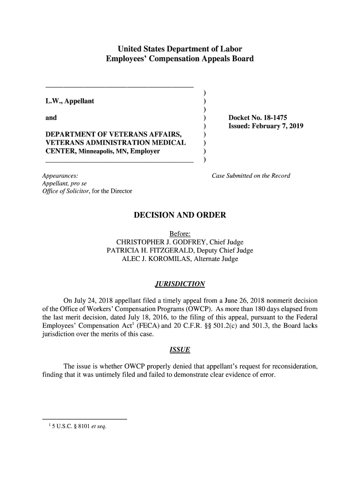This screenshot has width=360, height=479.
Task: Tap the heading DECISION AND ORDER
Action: [180, 215]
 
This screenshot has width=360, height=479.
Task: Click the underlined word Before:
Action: [180, 234]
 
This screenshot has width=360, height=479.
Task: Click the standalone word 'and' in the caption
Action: [51, 118]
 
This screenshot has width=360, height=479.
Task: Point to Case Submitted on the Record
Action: [251, 176]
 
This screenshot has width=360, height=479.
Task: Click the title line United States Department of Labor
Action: [180, 49]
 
